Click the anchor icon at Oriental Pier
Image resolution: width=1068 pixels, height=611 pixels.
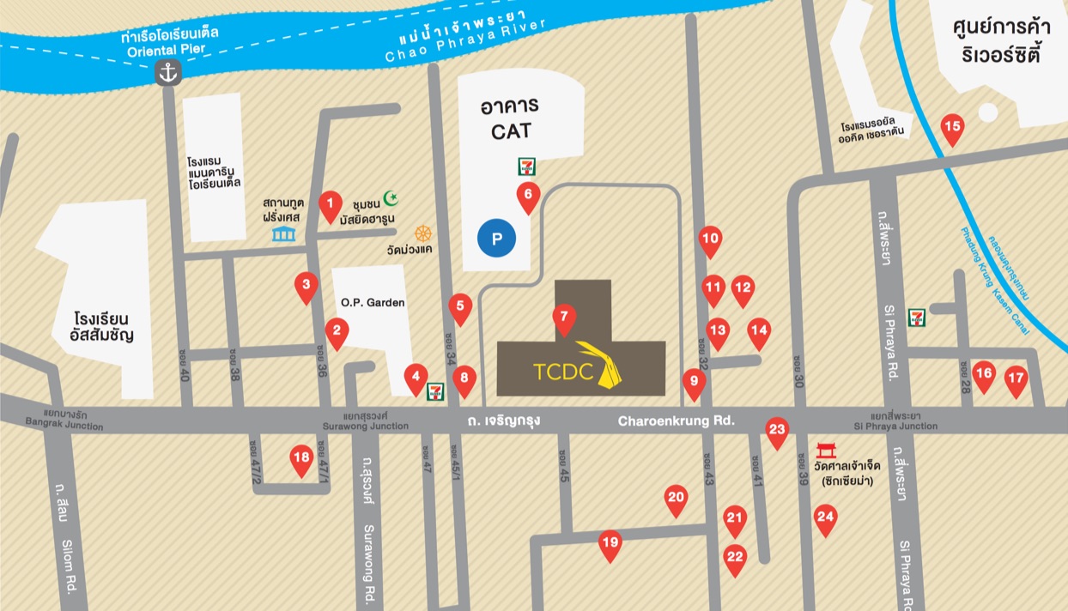168,74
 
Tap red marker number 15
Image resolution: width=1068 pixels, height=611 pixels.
952,128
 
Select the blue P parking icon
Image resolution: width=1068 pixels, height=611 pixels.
497,238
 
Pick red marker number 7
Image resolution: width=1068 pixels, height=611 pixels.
563,318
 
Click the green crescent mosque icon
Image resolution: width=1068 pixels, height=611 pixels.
391,198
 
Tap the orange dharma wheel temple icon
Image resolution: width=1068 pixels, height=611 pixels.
422,233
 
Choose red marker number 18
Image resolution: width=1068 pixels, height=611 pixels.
300,458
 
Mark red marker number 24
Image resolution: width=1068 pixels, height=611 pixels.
825,517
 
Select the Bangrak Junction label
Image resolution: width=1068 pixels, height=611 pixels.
64,422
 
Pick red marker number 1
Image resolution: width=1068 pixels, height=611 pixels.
330,204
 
